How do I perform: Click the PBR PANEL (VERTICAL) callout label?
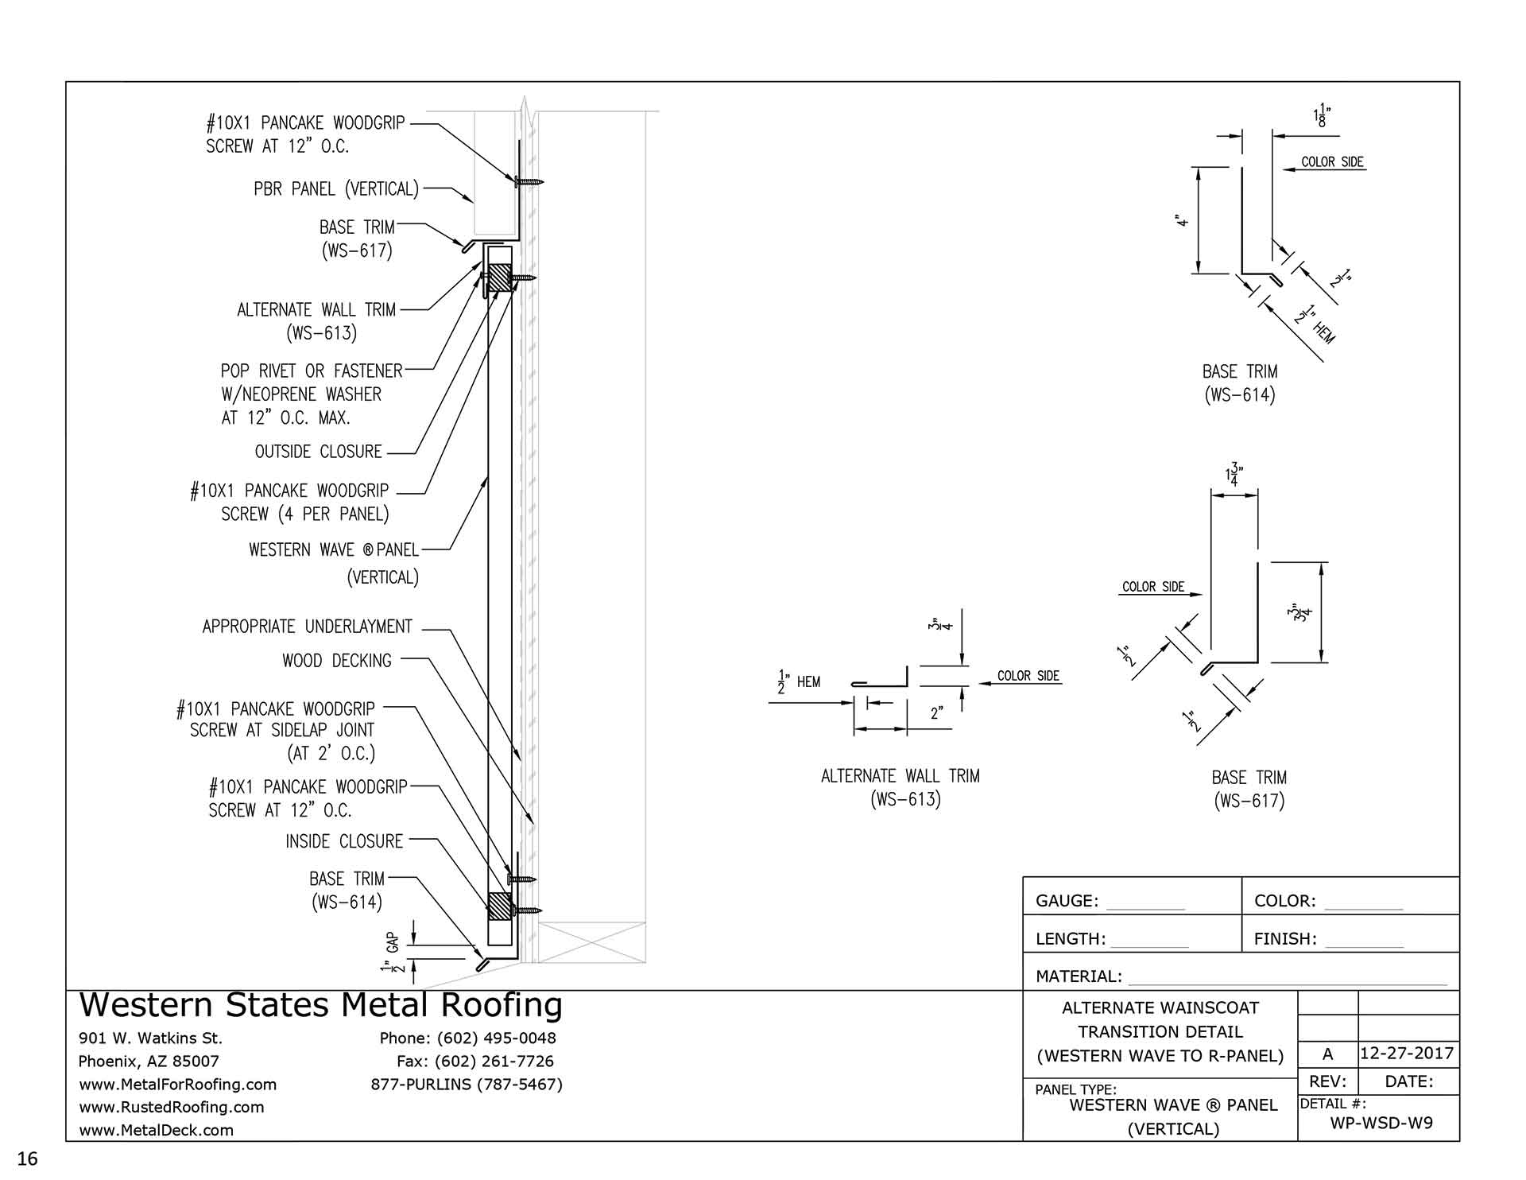tap(336, 189)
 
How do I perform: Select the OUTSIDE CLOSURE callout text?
tap(319, 452)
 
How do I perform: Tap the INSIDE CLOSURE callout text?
tap(344, 841)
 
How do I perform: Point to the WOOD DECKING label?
tap(337, 661)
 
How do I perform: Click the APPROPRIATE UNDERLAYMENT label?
tap(308, 627)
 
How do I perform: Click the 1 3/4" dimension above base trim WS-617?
tap(1234, 474)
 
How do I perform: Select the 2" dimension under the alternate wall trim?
tap(937, 713)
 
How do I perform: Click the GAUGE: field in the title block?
tap(1067, 901)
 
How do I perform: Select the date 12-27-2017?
tap(1407, 1054)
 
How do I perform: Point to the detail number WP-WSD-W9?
tap(1381, 1123)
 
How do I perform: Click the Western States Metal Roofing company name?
tap(321, 1006)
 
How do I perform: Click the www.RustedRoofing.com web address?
tap(171, 1107)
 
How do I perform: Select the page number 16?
tap(28, 1159)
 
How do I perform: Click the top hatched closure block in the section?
tap(498, 277)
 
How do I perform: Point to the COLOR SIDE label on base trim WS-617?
tap(1153, 587)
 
